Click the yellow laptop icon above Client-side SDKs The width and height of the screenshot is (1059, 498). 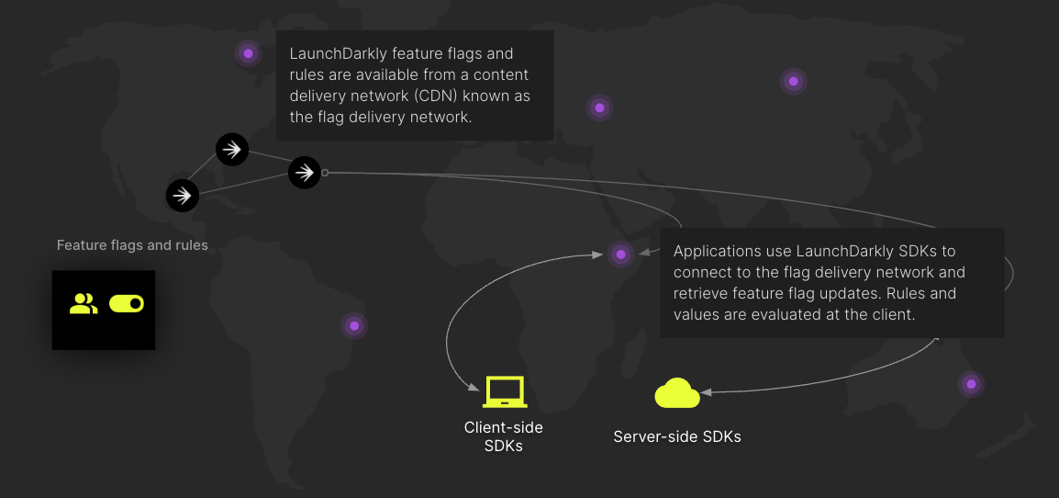click(x=504, y=392)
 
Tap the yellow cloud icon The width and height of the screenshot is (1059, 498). click(x=677, y=393)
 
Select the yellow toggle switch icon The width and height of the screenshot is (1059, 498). click(x=127, y=304)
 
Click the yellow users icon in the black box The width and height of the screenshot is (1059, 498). click(x=84, y=304)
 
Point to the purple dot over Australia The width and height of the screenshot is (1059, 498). click(x=971, y=383)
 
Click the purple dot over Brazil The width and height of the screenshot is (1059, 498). click(x=354, y=325)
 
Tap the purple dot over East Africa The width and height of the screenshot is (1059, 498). click(x=621, y=254)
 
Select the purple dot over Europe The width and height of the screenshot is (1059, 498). click(x=599, y=108)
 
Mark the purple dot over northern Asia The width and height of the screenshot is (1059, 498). click(x=794, y=81)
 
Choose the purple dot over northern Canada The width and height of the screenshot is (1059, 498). click(x=248, y=53)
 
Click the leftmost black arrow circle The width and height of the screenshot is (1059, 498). click(x=183, y=195)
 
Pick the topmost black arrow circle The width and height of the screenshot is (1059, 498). click(x=232, y=149)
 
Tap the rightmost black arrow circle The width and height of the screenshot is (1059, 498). click(x=305, y=172)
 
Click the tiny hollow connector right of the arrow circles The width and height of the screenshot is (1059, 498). click(x=325, y=172)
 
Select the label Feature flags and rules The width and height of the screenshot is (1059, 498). click(x=132, y=245)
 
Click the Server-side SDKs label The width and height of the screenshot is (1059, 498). click(x=677, y=436)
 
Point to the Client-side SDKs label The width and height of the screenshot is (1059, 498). click(x=503, y=436)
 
